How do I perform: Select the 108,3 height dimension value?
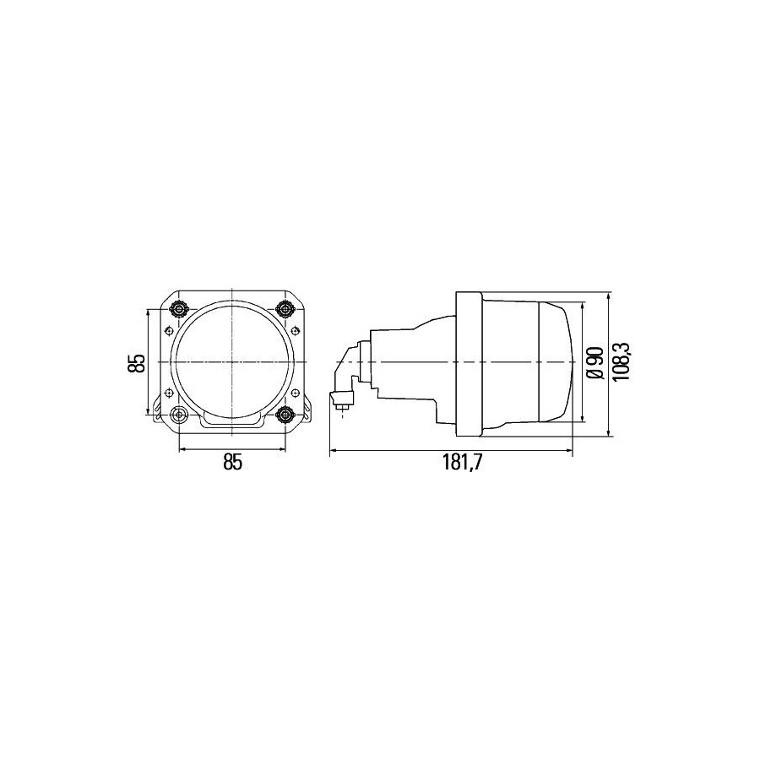pos(622,361)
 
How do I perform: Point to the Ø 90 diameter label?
pos(595,362)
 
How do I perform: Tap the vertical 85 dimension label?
pos(137,362)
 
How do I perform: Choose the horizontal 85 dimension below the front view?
pos(232,463)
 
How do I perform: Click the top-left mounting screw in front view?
pos(180,308)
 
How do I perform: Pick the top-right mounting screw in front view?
pos(285,308)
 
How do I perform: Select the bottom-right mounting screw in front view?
pos(285,414)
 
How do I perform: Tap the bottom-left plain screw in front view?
pos(180,414)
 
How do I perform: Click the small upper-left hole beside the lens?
pos(169,330)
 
